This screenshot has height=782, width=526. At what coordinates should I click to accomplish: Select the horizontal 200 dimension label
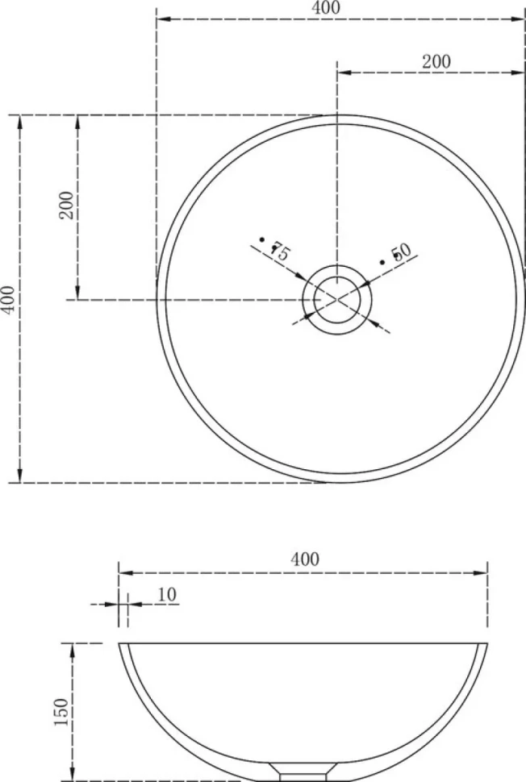pyautogui.click(x=436, y=61)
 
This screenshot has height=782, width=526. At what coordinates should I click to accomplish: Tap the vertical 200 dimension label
pyautogui.click(x=66, y=206)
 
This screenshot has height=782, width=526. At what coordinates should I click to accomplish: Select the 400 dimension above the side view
pyautogui.click(x=304, y=559)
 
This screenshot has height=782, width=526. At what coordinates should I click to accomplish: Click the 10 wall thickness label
pyautogui.click(x=167, y=594)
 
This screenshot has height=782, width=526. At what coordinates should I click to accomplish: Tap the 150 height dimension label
pyautogui.click(x=61, y=712)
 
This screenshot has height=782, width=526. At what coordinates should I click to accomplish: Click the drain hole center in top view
pyautogui.click(x=337, y=299)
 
